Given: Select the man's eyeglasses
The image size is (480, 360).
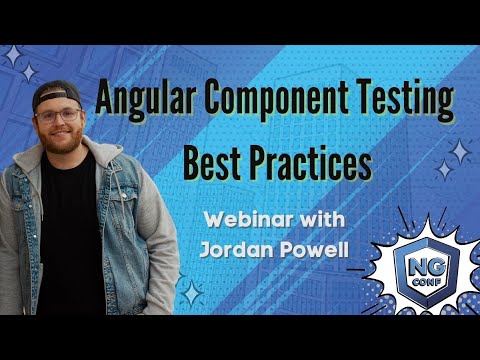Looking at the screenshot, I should [58, 115].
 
